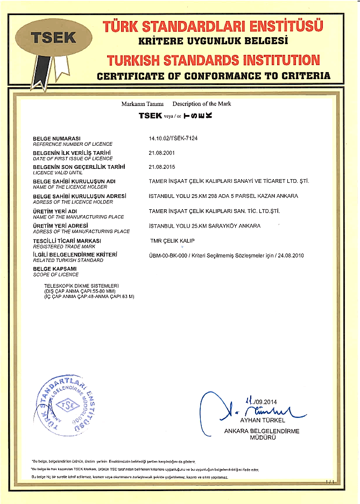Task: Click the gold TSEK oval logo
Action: coord(54,37)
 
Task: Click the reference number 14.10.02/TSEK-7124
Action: coord(173,138)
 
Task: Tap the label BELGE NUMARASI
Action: coord(57,139)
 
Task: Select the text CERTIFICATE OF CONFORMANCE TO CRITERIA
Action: coord(213,76)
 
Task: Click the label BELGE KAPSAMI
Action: coord(55,268)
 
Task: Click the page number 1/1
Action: coord(330,484)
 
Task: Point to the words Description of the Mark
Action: coord(202,103)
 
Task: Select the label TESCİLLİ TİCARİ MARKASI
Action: coord(67,240)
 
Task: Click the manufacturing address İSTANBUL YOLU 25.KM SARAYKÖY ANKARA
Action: coord(204,226)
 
